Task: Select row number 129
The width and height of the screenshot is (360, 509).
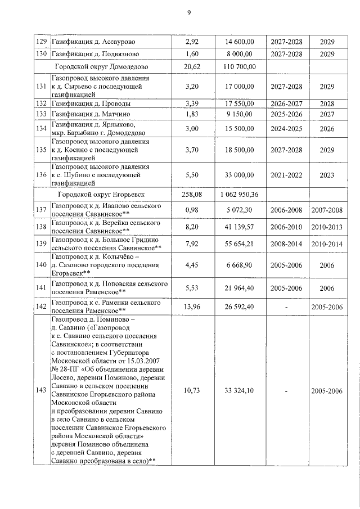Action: pyautogui.click(x=41, y=42)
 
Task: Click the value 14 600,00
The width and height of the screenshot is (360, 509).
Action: pyautogui.click(x=240, y=42)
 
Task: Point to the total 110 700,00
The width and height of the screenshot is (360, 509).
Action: pyautogui.click(x=240, y=66)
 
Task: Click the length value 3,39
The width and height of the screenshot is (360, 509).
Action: pyautogui.click(x=192, y=104)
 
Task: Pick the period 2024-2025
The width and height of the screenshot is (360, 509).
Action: pyautogui.click(x=286, y=128)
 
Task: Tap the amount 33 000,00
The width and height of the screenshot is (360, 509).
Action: pyautogui.click(x=240, y=175)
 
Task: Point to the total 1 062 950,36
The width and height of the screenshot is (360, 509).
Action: pyautogui.click(x=240, y=195)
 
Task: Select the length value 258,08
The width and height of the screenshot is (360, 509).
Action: pyautogui.click(x=192, y=195)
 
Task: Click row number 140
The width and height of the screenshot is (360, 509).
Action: pyautogui.click(x=41, y=265)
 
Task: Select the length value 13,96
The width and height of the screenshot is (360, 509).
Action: pyautogui.click(x=192, y=307)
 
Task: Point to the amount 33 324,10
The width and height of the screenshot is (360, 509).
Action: pyautogui.click(x=240, y=390)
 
